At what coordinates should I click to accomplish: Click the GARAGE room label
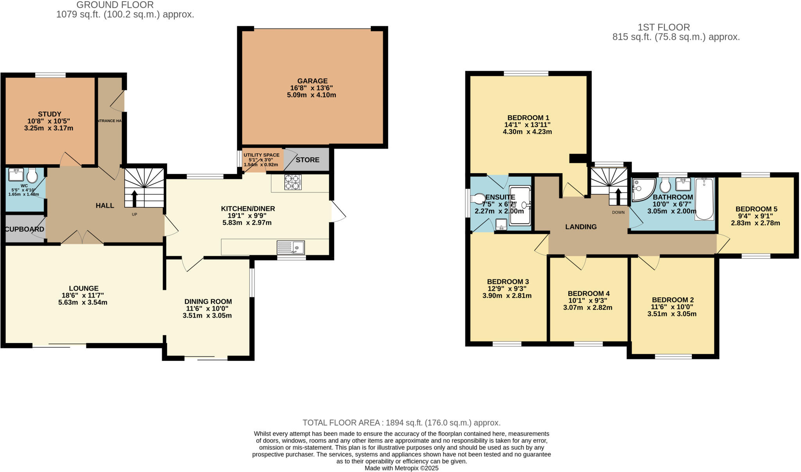[312, 81]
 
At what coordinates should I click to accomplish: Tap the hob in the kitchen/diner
[293, 182]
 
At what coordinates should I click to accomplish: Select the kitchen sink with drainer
[291, 248]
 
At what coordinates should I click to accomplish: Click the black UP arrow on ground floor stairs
[134, 198]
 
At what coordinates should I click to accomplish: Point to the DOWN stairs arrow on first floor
[618, 197]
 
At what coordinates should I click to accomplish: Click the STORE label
[307, 160]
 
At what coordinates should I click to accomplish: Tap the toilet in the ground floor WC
[32, 176]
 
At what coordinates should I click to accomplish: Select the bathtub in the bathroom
[704, 199]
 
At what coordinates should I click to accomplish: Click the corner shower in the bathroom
[641, 189]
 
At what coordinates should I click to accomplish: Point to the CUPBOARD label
[24, 229]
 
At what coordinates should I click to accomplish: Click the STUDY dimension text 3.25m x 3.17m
[49, 128]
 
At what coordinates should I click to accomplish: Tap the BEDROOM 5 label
[756, 209]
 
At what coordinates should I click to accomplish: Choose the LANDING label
[581, 226]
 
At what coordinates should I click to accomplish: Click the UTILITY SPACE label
[261, 155]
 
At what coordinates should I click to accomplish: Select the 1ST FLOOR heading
[664, 27]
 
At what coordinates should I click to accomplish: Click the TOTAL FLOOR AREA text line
[401, 422]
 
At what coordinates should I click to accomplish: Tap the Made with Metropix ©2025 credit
[401, 468]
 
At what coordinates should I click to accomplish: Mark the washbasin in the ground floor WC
[16, 174]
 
